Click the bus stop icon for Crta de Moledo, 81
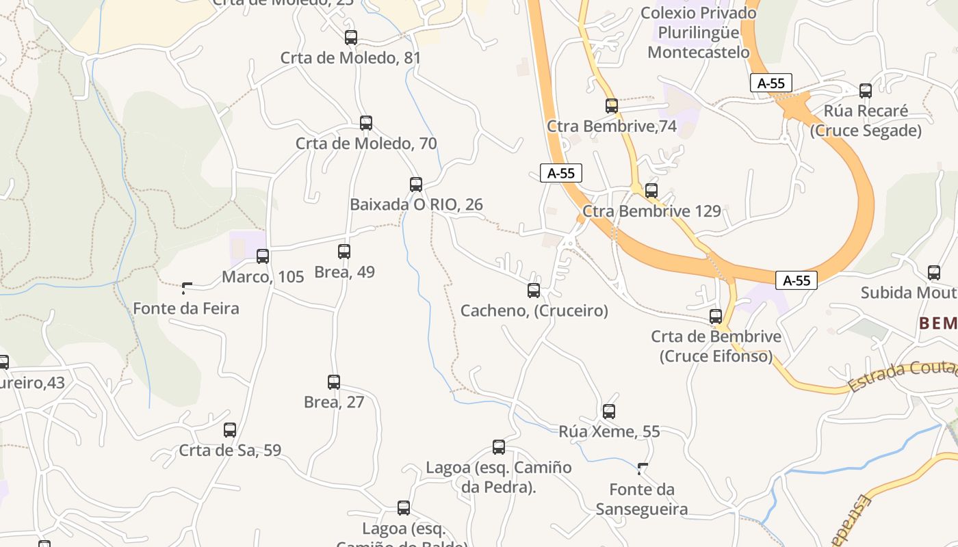click(x=351, y=38)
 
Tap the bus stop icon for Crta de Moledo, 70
click(x=366, y=123)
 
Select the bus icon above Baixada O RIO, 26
click(x=416, y=184)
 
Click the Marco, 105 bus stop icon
click(x=263, y=256)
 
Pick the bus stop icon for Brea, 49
click(x=344, y=251)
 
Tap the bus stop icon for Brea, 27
click(x=334, y=382)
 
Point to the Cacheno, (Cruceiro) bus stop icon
click(x=534, y=291)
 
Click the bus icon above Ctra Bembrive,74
click(x=612, y=106)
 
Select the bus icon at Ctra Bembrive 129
click(x=651, y=191)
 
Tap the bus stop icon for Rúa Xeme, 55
click(x=609, y=412)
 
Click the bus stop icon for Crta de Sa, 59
click(x=230, y=430)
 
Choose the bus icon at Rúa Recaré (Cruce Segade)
click(x=866, y=90)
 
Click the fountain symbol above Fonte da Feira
click(x=186, y=289)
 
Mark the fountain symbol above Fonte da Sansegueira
click(x=642, y=469)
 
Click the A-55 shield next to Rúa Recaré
click(x=771, y=83)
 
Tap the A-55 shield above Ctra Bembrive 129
click(x=561, y=173)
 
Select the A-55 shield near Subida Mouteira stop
click(x=797, y=280)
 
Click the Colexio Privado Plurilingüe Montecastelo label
click(x=699, y=32)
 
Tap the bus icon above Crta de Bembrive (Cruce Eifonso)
click(x=716, y=316)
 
